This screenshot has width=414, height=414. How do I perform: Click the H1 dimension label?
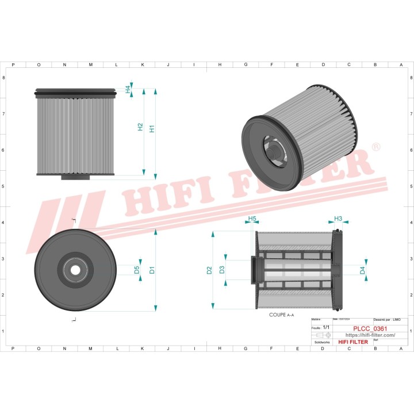pyautogui.click(x=152, y=129)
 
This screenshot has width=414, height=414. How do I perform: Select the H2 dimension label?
pyautogui.click(x=140, y=127)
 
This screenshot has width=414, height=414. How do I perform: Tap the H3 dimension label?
pyautogui.click(x=338, y=218)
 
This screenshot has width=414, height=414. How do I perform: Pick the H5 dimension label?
pyautogui.click(x=252, y=219)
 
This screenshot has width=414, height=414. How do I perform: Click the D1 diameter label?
pyautogui.click(x=152, y=270)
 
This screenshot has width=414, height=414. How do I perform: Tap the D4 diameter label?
pyautogui.click(x=362, y=270)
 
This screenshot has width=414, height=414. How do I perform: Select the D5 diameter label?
pyautogui.click(x=137, y=270)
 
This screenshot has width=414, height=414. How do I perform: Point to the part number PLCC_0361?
pyautogui.click(x=370, y=328)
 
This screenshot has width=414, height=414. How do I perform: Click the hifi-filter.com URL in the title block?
pyautogui.click(x=370, y=335)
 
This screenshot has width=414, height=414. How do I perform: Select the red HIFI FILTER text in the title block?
pyautogui.click(x=353, y=342)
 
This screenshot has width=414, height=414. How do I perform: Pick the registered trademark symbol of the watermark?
pyautogui.click(x=375, y=148)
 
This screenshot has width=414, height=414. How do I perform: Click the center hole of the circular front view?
pyautogui.click(x=75, y=270)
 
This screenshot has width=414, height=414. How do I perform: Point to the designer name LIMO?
pyautogui.click(x=397, y=319)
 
